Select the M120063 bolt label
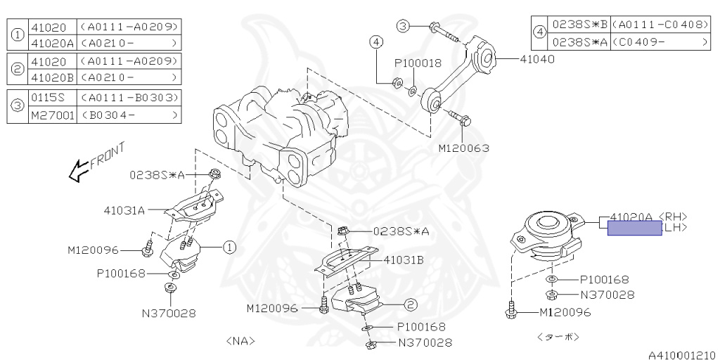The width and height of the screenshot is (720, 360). point(463,148)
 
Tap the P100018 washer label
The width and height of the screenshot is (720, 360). point(418,63)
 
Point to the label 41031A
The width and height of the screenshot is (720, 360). point(124,210)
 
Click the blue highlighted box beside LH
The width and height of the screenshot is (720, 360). point(634,228)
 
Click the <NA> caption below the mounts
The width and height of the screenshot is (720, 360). point(240,341)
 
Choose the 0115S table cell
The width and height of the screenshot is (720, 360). point(48,97)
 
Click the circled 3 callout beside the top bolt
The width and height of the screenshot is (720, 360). point(403,26)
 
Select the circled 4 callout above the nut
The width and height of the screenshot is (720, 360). point(377,42)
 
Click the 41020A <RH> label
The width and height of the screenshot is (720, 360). point(648,217)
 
